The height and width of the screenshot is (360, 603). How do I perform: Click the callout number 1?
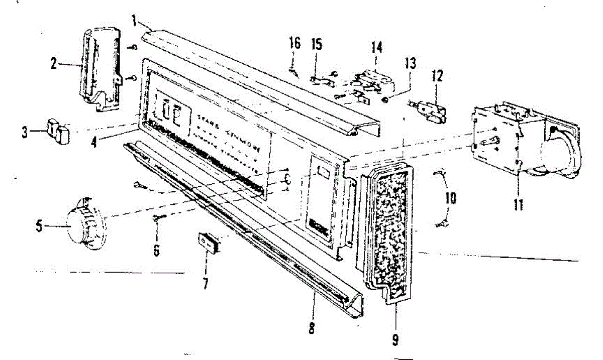point(134,22)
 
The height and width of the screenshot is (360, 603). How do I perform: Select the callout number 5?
point(39,226)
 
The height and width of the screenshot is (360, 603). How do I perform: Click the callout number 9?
point(395,340)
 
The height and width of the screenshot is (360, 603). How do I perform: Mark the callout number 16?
point(294,43)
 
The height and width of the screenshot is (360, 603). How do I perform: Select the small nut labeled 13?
point(384,99)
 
